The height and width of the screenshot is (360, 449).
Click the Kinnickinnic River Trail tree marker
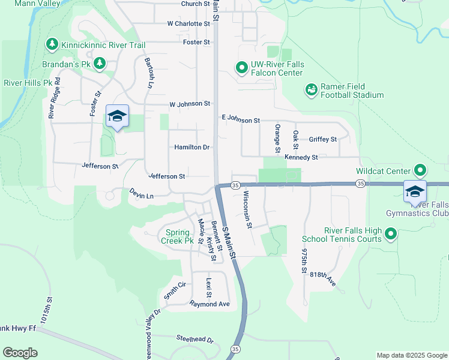[x=52, y=44]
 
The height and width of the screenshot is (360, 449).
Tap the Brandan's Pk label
[x=74, y=63]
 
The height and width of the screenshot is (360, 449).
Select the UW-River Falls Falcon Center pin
[x=241, y=68]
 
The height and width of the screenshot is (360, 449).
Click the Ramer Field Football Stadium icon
[x=311, y=90]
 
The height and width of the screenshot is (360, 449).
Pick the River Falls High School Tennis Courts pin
[x=391, y=234]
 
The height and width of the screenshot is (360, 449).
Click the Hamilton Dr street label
[x=192, y=147]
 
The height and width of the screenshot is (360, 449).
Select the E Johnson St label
[x=240, y=120]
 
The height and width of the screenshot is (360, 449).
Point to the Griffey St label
[x=323, y=139]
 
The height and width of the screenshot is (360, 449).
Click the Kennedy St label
[x=301, y=157]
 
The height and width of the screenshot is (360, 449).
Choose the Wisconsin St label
[x=248, y=209]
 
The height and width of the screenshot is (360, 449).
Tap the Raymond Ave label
[x=210, y=304]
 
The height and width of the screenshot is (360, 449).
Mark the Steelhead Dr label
[x=194, y=339]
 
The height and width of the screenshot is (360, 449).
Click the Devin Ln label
[x=142, y=194]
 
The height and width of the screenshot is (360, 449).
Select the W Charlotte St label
[x=188, y=24]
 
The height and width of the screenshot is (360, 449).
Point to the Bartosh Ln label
[x=147, y=73]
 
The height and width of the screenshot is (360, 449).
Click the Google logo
[x=20, y=353]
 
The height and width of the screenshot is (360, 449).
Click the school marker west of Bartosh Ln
[x=117, y=116]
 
